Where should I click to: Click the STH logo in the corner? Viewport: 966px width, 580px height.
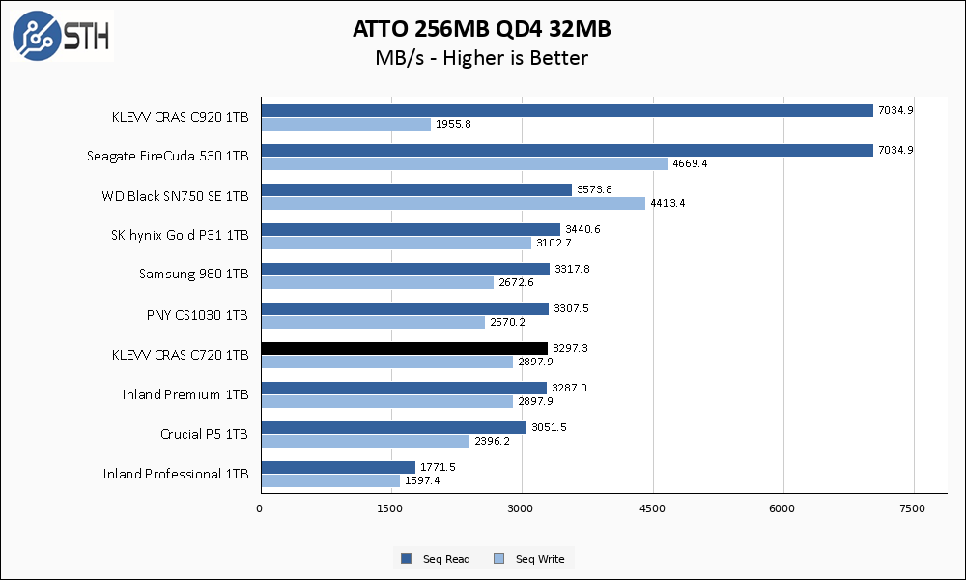point(62,36)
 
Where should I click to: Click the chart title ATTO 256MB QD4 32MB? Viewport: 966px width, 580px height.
point(482,30)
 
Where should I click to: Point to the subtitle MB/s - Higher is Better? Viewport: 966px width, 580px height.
point(482,58)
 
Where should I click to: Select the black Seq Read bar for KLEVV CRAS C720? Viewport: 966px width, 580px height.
point(404,348)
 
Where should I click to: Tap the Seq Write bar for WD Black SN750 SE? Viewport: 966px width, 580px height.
point(452,203)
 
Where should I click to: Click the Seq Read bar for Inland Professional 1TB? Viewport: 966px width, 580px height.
point(337,467)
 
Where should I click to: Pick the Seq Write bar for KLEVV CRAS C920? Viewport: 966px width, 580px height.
point(345,124)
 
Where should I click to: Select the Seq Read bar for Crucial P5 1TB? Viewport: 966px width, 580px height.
point(393,427)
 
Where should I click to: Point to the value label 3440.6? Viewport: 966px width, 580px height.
point(582,229)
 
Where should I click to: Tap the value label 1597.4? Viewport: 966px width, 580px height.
point(422,481)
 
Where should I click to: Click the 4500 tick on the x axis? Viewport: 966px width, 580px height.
point(653,507)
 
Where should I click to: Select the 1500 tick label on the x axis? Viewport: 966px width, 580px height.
point(391,507)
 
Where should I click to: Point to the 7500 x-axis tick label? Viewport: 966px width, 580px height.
point(914,507)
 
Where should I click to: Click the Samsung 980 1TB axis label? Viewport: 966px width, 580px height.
point(193,275)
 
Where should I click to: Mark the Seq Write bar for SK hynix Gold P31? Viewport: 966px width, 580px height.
point(395,243)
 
